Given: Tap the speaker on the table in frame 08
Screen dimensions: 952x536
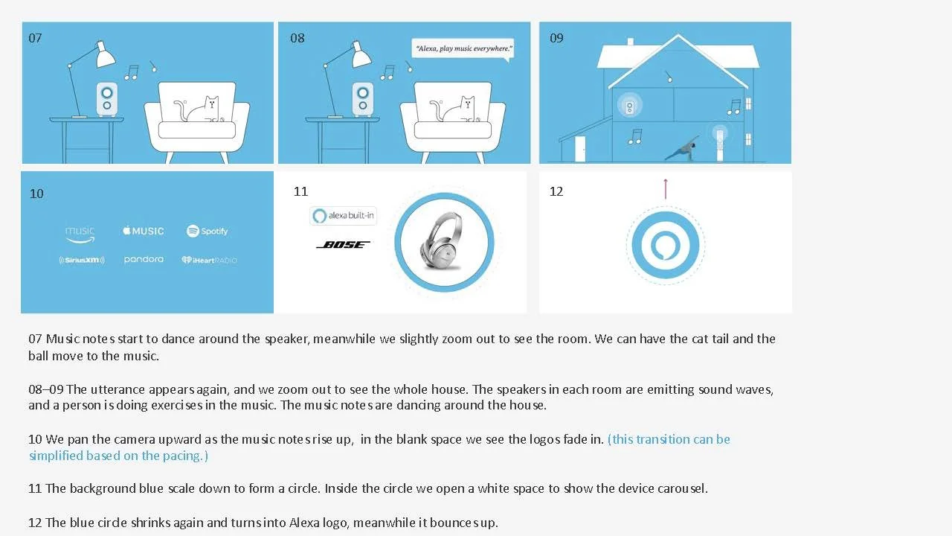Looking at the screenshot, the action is (362, 99).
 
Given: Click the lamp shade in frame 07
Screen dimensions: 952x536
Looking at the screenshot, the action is (105, 54).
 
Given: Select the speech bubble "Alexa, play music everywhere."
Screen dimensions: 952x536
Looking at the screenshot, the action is (463, 49).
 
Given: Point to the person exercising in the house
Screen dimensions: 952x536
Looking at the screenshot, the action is (683, 150).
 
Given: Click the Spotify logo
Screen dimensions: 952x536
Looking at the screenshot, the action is (207, 231).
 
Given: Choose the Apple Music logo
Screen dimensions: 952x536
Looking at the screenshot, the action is (144, 231).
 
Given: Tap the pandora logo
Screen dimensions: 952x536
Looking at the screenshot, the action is (144, 259).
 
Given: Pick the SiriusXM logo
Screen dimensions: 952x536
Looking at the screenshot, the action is (82, 260).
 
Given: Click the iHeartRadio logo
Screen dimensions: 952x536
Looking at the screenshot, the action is (209, 260).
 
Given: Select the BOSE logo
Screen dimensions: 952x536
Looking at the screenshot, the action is (343, 245).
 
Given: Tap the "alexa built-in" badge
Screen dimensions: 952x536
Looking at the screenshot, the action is (343, 216).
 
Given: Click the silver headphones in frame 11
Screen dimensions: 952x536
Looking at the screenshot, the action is (442, 241).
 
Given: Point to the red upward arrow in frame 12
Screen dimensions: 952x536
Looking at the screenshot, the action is (666, 189).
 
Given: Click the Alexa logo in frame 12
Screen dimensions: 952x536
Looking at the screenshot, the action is (666, 245).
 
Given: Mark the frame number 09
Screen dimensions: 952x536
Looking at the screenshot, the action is (556, 38).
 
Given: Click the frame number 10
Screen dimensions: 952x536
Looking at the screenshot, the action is (36, 194).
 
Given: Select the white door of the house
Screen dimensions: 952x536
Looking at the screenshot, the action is (580, 149).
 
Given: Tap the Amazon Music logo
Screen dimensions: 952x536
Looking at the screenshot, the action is (80, 234).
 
